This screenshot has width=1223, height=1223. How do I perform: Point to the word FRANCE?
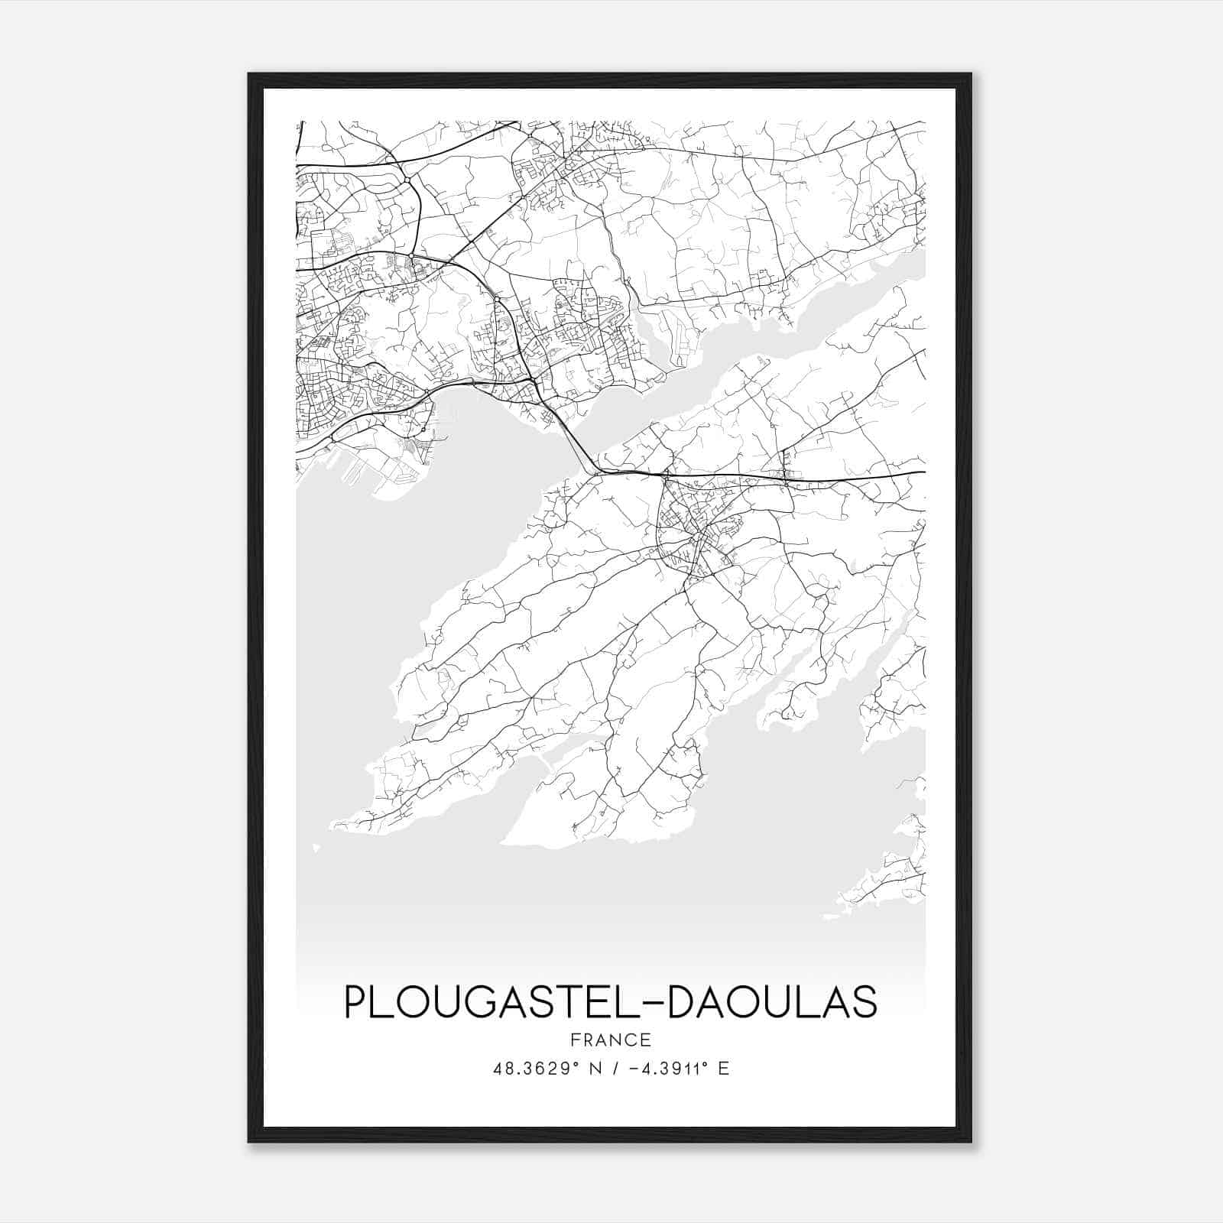pyautogui.click(x=611, y=1040)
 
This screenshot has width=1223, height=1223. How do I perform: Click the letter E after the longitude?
pyautogui.click(x=723, y=1069)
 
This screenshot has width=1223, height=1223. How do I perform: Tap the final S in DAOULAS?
pyautogui.click(x=865, y=1003)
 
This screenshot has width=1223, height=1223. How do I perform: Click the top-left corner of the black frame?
pyautogui.click(x=250, y=75)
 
